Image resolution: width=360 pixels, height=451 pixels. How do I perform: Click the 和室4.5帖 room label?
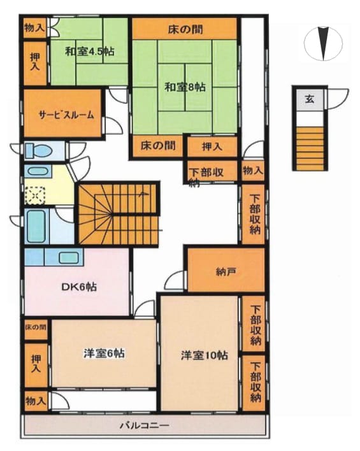pos(89,52)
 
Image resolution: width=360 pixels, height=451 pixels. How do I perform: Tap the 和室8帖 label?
pos(185,87)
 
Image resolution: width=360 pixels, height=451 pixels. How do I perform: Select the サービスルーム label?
pos(66,115)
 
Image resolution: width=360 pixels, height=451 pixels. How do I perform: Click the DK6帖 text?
pos(79,287)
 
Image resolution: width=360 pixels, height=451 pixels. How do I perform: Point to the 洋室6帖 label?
pos(104,353)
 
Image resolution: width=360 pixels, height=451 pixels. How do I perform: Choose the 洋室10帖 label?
pos(205,355)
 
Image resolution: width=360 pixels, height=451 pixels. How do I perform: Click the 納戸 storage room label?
pos(226,271)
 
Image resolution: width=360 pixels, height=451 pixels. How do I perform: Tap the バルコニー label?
pos(145,425)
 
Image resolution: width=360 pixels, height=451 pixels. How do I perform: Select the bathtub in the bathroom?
pos(36,226)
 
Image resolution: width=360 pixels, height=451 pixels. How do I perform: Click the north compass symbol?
pos(324,43)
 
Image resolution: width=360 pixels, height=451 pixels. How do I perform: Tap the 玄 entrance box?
pos(310,99)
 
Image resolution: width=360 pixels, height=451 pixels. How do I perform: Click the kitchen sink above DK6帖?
pos(69,257)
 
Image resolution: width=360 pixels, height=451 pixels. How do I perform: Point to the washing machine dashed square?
pos(35,196)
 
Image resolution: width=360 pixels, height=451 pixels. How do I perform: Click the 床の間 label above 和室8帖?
pos(185,29)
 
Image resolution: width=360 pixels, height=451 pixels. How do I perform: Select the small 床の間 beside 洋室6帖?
pos(36,328)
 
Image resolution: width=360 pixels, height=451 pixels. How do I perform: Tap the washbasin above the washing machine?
pos(38,171)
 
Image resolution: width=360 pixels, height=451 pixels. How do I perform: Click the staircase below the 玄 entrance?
pos(310,148)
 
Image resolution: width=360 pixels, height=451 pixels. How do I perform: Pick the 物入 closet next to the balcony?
pos(36,401)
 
